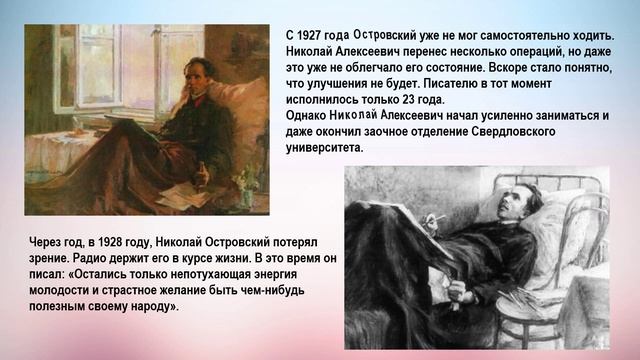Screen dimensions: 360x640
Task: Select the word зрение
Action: coord(53,258)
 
